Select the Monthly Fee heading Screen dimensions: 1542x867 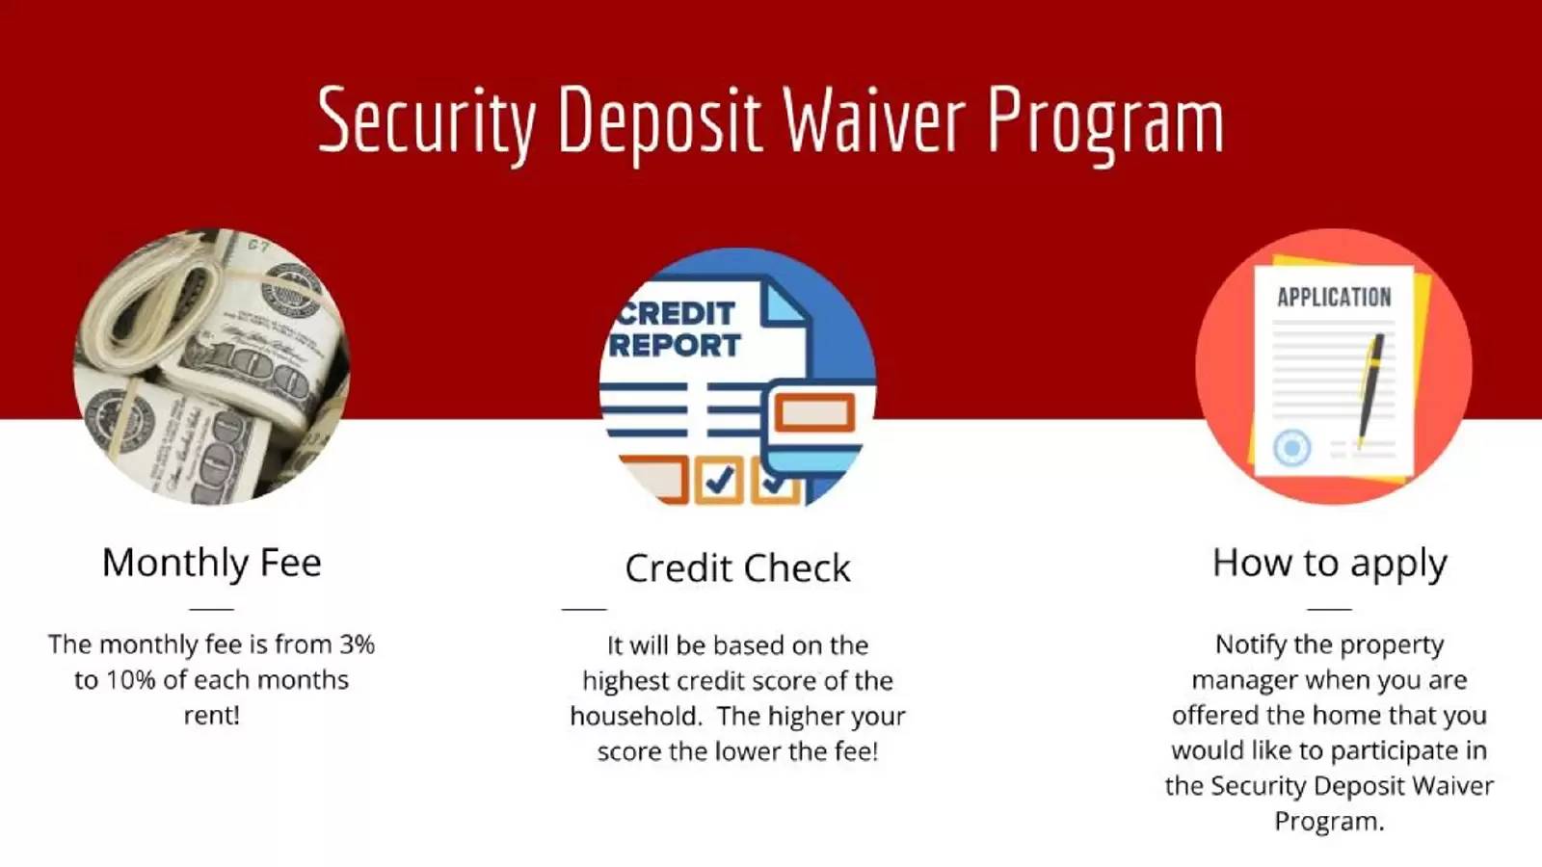[211, 563]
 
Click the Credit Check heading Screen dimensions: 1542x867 [737, 568]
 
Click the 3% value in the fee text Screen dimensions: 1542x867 [357, 644]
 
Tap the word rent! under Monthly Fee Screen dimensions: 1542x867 [211, 716]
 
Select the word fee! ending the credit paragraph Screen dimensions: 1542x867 [857, 751]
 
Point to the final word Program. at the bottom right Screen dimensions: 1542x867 [1329, 823]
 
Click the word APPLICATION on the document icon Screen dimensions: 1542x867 [1334, 298]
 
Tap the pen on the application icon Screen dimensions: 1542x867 [1369, 390]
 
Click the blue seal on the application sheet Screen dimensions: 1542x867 [1291, 448]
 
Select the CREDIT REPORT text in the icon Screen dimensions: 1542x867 [676, 329]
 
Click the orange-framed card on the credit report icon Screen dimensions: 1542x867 [814, 413]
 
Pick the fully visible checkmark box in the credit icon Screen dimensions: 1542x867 [718, 480]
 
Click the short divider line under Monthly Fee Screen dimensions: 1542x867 [211, 609]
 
